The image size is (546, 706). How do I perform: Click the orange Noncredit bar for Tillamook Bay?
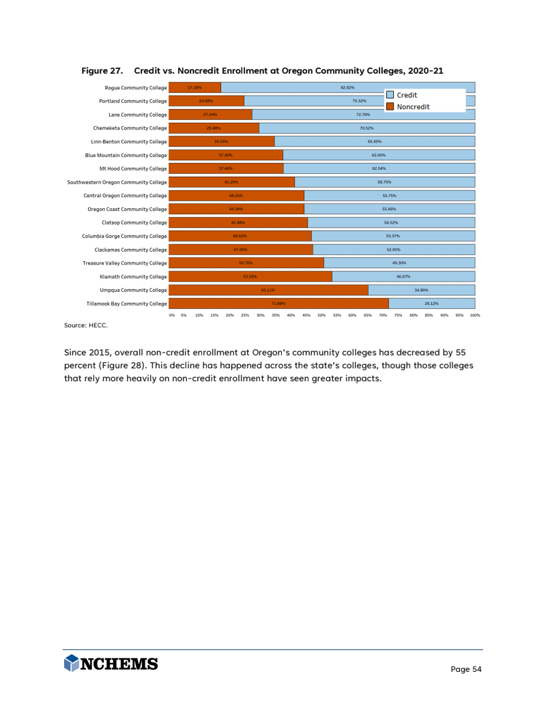tap(278, 304)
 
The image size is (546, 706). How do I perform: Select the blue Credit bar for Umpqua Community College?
tap(422, 290)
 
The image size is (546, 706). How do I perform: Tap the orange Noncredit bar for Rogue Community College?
tap(195, 87)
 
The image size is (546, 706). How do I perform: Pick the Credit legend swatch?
tap(390, 95)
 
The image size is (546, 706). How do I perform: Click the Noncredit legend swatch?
tap(390, 106)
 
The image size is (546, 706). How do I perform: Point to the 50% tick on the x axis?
tap(321, 315)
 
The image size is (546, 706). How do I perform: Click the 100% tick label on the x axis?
tap(475, 315)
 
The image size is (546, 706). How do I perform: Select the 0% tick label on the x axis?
tap(172, 315)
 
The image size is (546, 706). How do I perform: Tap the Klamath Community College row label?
tap(133, 277)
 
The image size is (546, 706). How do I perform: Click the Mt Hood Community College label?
tap(133, 168)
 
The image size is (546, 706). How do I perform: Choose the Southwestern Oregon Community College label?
tap(117, 182)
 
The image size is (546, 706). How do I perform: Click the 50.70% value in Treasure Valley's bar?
tap(246, 263)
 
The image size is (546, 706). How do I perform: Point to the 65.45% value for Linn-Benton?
tap(375, 142)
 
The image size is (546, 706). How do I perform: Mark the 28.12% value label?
tap(431, 304)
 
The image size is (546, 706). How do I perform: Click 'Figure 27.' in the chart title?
tap(102, 70)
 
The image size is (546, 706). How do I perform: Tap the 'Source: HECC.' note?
tap(86, 326)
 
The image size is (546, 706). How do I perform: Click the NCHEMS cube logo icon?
tap(72, 663)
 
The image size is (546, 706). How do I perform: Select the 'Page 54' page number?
tap(466, 669)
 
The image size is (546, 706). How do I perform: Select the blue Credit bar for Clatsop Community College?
tap(391, 222)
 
